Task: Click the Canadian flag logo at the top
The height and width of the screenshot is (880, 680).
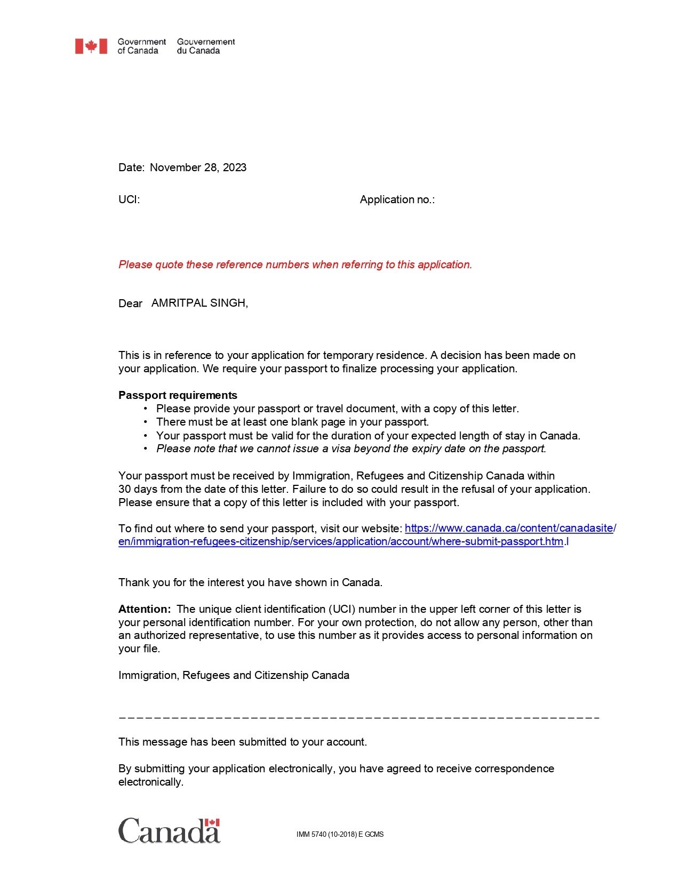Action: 91,46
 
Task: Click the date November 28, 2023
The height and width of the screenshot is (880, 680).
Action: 198,167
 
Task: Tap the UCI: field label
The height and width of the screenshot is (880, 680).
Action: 129,199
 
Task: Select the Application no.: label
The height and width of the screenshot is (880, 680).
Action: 397,199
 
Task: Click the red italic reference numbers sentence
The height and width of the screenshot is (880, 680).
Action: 295,265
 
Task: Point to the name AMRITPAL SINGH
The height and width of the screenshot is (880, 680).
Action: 199,303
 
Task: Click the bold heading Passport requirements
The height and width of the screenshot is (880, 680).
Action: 178,395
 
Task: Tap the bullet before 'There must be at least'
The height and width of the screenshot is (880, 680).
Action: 145,422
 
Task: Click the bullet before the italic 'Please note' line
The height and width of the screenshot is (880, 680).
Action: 145,449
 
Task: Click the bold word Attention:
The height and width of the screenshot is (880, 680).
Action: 145,609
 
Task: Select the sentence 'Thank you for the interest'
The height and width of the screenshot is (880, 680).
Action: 250,582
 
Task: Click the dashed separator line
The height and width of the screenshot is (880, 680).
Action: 359,718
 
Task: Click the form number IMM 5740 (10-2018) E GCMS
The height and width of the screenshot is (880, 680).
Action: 340,835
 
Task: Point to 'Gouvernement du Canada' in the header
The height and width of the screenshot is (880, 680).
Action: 206,46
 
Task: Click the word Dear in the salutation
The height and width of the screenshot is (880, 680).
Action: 130,303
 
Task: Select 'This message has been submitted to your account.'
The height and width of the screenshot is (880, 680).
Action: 243,742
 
